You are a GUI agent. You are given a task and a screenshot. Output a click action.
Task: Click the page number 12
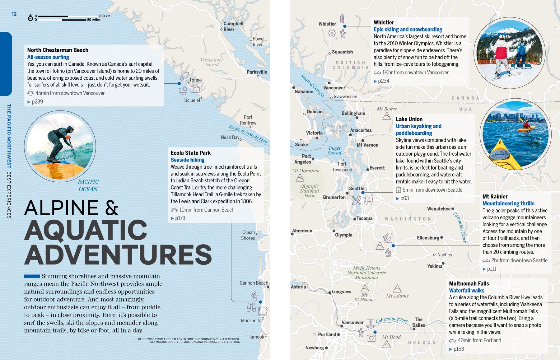[x=14, y=14]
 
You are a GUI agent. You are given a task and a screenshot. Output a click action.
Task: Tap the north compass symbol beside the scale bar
[x=30, y=18]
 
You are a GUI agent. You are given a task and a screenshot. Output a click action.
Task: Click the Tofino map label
[x=195, y=80]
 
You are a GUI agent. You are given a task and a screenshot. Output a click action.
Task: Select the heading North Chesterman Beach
[x=58, y=50]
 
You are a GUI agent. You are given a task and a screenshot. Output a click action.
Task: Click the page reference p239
[x=37, y=102]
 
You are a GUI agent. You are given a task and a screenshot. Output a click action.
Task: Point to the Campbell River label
[x=233, y=26]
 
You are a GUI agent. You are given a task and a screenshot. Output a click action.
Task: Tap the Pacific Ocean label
[x=88, y=185]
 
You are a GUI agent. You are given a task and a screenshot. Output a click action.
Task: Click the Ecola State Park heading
[x=190, y=153]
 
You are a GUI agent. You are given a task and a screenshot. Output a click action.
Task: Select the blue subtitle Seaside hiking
[x=187, y=160]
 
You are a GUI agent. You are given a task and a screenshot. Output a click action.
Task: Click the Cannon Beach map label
[x=254, y=283]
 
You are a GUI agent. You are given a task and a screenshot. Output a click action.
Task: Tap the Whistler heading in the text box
[x=384, y=22]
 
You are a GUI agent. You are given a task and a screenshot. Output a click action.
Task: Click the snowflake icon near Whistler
[x=332, y=33]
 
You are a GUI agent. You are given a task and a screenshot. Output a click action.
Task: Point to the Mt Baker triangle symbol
[x=387, y=116]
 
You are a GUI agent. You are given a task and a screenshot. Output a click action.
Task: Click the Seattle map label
[x=357, y=189]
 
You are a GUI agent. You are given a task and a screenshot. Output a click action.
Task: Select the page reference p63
[x=404, y=199]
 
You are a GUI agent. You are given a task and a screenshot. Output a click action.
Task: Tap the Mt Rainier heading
[x=495, y=197]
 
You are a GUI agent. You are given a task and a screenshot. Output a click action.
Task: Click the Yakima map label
[x=435, y=266]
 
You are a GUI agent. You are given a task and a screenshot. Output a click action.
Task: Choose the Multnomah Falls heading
[x=469, y=283]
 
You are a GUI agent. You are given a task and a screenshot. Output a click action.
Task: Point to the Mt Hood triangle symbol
[x=386, y=344]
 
